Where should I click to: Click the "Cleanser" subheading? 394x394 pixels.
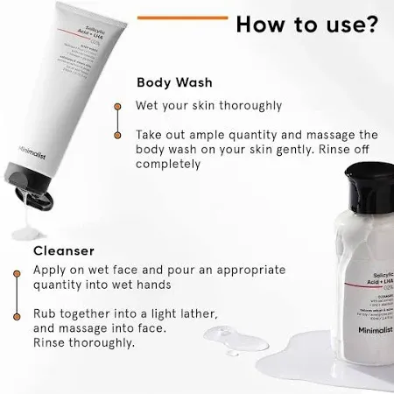click(x=64, y=250)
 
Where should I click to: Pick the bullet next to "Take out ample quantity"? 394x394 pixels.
click(x=117, y=136)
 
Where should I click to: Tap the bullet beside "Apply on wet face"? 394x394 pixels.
click(x=16, y=271)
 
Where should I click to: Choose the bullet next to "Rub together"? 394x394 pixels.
click(x=16, y=313)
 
